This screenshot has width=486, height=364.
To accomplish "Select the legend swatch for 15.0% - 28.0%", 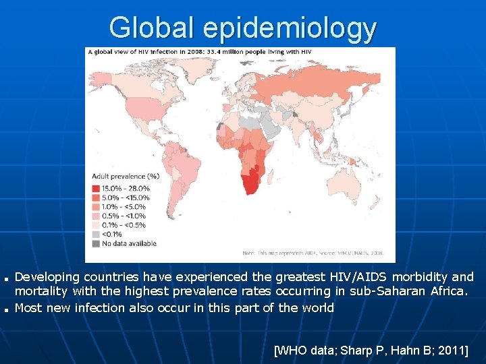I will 95,188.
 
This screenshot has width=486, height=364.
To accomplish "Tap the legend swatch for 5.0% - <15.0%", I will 95,198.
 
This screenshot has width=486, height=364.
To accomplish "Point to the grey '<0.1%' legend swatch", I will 95,234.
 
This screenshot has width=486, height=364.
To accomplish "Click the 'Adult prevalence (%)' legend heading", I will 125,177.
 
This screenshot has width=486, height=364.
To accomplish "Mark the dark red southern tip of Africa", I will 251,184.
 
